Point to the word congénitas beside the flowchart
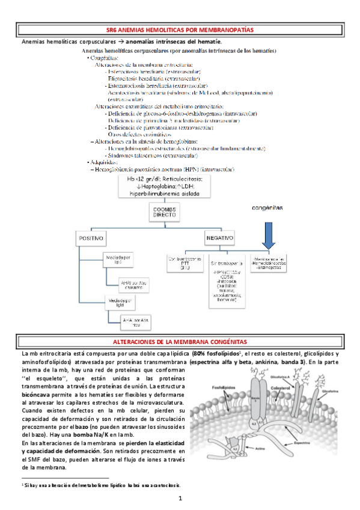(268, 207)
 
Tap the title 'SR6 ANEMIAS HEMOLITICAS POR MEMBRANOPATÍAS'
(180, 29)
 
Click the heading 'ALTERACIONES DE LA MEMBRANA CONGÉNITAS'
(180, 342)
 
